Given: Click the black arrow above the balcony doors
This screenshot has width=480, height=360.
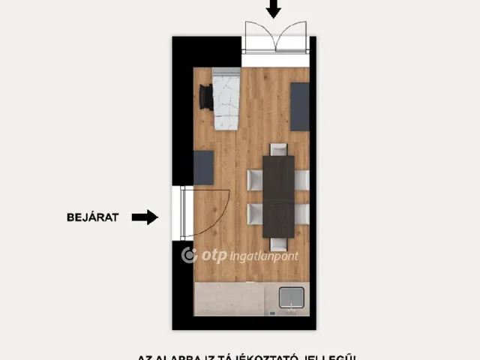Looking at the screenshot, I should (x=274, y=9).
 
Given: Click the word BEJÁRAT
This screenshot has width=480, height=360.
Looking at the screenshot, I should (x=92, y=217).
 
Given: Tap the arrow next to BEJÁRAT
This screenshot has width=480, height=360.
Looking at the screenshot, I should (x=145, y=217).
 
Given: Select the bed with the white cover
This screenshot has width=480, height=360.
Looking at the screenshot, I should (x=226, y=101).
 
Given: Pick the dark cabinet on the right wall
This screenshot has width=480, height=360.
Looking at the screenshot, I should (x=299, y=106).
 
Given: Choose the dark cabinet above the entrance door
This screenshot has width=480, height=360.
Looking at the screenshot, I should (x=203, y=167).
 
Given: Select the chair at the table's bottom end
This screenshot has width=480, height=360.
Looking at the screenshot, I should (x=278, y=244).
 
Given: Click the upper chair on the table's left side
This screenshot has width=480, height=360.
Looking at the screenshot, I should (x=254, y=180).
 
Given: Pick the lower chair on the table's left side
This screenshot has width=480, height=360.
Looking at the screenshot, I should (x=254, y=214).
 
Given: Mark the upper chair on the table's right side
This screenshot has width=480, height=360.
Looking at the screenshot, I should (x=301, y=180).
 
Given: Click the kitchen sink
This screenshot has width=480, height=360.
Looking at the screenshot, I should (x=291, y=298).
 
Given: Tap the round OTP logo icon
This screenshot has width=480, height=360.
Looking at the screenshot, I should (x=190, y=255).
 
